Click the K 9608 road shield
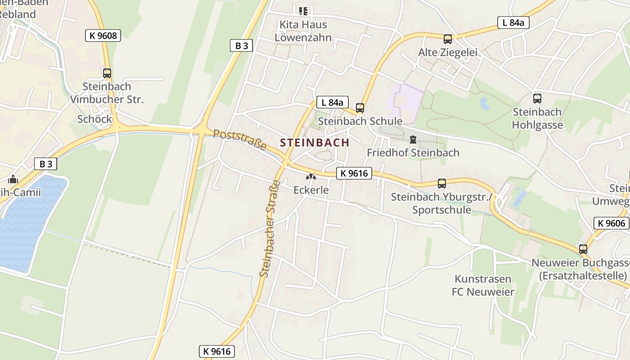pos(103,36)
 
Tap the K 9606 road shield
pos(612,223)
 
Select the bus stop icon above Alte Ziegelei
pos(447,39)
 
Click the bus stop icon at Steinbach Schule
pos(360,108)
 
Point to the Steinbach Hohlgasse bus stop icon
pos(537,99)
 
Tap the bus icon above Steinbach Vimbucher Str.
pos(107,73)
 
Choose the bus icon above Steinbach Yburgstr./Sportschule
pos(442,184)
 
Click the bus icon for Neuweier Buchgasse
pos(583,249)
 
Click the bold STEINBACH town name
pos(315,143)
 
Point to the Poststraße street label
pos(240,140)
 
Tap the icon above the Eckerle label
pos(311,177)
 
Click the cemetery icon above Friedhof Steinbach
pos(413,139)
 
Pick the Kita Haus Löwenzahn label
pos(303,31)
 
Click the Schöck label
pos(94,119)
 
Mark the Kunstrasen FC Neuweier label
pos(483,285)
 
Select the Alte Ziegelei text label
pos(448,53)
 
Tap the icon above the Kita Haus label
pos(303,10)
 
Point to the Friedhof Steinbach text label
pos(413,153)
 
